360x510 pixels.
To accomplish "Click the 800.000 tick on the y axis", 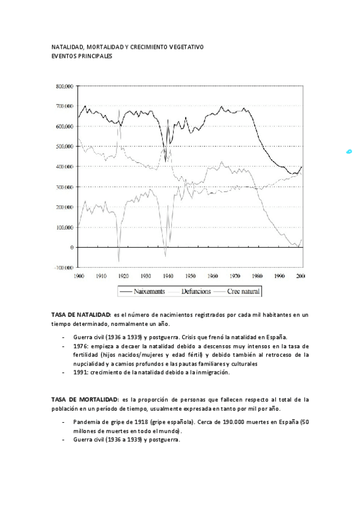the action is point(65,86).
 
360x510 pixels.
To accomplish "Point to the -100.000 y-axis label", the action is point(64,268).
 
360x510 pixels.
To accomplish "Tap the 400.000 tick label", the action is point(65,167).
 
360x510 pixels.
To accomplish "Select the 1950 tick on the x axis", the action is point(190,275).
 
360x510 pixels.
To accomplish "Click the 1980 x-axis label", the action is point(257,275).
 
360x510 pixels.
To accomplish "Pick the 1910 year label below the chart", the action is point(100,275).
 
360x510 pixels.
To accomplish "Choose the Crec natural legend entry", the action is point(243,291).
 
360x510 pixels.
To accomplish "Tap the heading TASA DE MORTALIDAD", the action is point(84,399).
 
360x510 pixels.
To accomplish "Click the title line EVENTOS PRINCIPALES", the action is point(82,56).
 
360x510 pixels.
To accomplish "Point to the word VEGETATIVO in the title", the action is point(186,47).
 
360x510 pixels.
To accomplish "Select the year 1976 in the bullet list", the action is point(81,346).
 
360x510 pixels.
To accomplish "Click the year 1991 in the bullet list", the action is point(81,373).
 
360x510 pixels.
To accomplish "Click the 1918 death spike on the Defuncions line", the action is point(119,111).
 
